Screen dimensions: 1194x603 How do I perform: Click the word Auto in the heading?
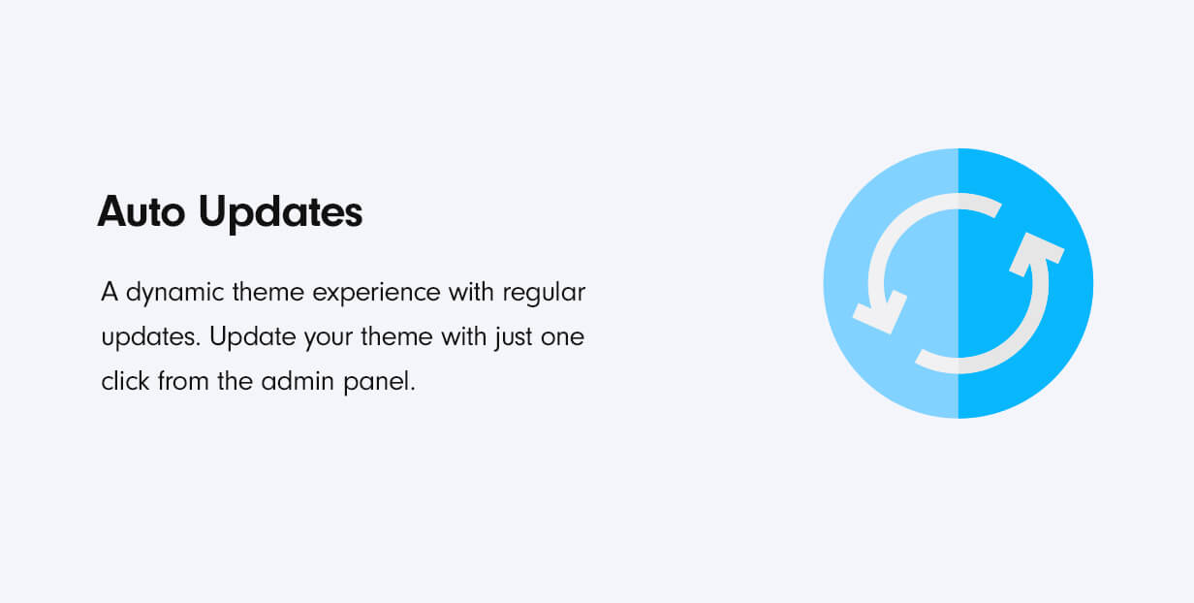[141, 212]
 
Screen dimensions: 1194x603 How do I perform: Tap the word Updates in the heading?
[280, 213]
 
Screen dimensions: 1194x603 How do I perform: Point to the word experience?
[376, 293]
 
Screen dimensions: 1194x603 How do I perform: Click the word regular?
[544, 293]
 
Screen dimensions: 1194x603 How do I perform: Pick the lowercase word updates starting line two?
[151, 337]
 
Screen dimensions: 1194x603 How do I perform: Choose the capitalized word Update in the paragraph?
[252, 337]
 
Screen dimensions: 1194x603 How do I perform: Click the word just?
[514, 337]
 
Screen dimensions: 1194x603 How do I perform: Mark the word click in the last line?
[125, 381]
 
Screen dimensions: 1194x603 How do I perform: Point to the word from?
[183, 381]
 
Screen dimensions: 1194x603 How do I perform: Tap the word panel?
[379, 382]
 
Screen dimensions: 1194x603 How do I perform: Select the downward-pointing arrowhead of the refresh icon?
[880, 312]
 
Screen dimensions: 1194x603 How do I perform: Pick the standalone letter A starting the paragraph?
[110, 292]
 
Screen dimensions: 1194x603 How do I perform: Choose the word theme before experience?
[268, 292]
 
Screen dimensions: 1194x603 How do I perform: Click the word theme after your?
[397, 337]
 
